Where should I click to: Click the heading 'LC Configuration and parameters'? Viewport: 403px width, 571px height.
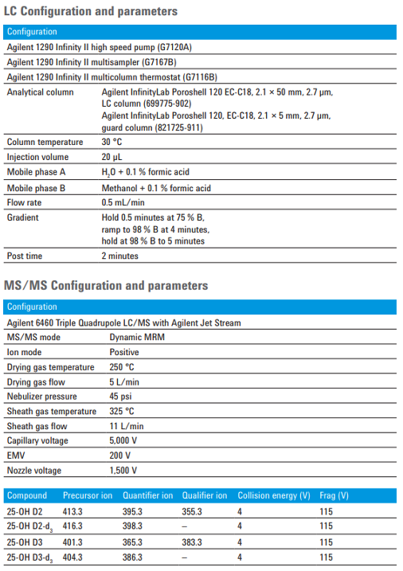pos(90,11)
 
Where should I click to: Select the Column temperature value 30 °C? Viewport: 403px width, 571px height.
pos(117,143)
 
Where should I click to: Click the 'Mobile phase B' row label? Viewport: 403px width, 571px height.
pos(37,188)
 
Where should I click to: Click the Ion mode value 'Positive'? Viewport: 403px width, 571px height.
pos(124,352)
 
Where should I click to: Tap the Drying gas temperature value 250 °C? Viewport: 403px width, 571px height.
pos(122,367)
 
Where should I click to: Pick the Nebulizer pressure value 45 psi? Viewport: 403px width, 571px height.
pos(120,397)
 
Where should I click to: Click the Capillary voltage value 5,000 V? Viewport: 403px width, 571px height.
pos(123,440)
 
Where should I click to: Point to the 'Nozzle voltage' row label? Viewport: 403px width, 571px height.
pos(35,470)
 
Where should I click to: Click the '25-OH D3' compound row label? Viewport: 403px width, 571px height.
pos(25,542)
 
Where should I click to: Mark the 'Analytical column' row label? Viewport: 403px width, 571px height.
pos(40,92)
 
